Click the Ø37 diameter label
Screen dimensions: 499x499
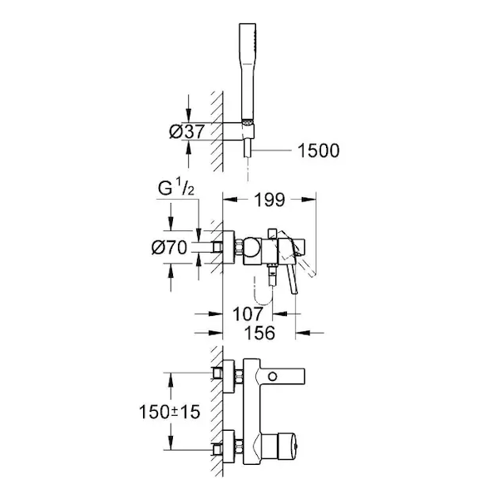[x=187, y=131]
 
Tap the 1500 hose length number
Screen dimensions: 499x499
[x=319, y=151]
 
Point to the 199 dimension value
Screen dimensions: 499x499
[x=269, y=200]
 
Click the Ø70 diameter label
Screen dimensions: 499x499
[x=170, y=247]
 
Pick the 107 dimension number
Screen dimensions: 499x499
[x=248, y=314]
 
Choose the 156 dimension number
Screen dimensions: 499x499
[x=259, y=333]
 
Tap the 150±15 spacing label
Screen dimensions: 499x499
[x=170, y=412]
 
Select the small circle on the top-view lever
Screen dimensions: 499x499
[x=273, y=377]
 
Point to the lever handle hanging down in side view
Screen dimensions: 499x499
[x=292, y=279]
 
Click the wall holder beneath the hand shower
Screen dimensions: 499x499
[x=248, y=130]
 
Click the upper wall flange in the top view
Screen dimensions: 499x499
[x=229, y=377]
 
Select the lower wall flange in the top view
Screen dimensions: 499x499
[x=229, y=447]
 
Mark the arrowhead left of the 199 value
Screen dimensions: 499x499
[x=230, y=200]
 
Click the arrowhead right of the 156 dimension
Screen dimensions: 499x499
[x=303, y=333]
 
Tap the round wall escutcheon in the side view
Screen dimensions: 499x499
[x=229, y=247]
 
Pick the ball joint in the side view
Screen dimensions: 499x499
[x=251, y=247]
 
